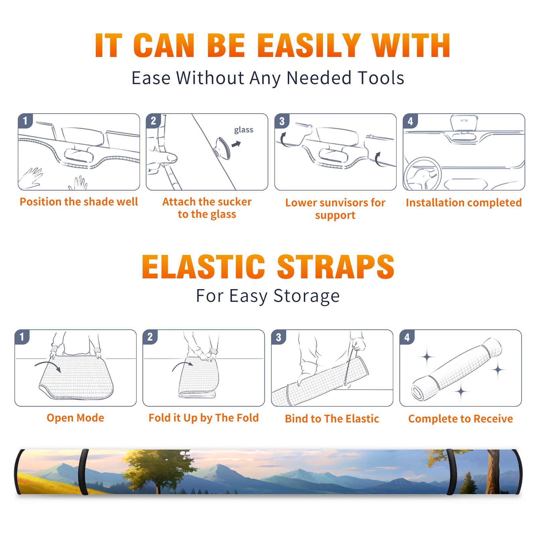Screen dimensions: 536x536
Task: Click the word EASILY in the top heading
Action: pyautogui.click(x=309, y=46)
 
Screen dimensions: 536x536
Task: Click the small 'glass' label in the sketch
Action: pyautogui.click(x=244, y=130)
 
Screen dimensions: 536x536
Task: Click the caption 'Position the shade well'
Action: pyautogui.click(x=79, y=202)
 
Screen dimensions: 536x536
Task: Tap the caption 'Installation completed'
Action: pyautogui.click(x=464, y=202)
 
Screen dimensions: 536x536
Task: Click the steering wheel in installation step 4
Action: pyautogui.click(x=422, y=174)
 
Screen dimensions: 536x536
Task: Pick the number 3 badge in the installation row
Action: pyautogui.click(x=282, y=121)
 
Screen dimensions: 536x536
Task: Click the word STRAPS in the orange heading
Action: pyautogui.click(x=336, y=267)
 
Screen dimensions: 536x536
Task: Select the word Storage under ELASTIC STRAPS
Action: pyautogui.click(x=307, y=296)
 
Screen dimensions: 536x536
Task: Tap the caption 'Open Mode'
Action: pyautogui.click(x=75, y=418)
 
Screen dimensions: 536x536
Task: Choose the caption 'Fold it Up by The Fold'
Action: pyautogui.click(x=204, y=418)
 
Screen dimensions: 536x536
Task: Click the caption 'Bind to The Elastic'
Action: pyautogui.click(x=332, y=419)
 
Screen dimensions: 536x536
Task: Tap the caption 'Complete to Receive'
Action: pyautogui.click(x=461, y=419)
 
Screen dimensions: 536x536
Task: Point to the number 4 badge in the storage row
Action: pyautogui.click(x=407, y=337)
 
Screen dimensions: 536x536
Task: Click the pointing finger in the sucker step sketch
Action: pyautogui.click(x=164, y=157)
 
